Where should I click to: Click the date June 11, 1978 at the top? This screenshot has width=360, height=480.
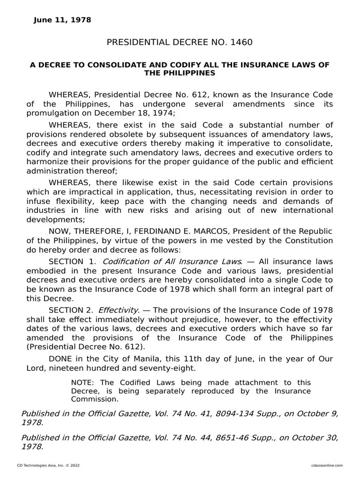click(62, 20)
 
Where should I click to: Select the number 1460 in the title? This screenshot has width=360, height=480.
click(241, 43)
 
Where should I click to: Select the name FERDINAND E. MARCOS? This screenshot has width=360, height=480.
click(182, 232)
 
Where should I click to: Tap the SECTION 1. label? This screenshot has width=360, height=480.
click(73, 261)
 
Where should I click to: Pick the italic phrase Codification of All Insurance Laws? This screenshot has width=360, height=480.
click(172, 261)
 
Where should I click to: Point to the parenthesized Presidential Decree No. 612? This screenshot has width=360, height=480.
click(86, 347)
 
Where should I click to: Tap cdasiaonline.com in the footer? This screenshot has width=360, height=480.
click(327, 465)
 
